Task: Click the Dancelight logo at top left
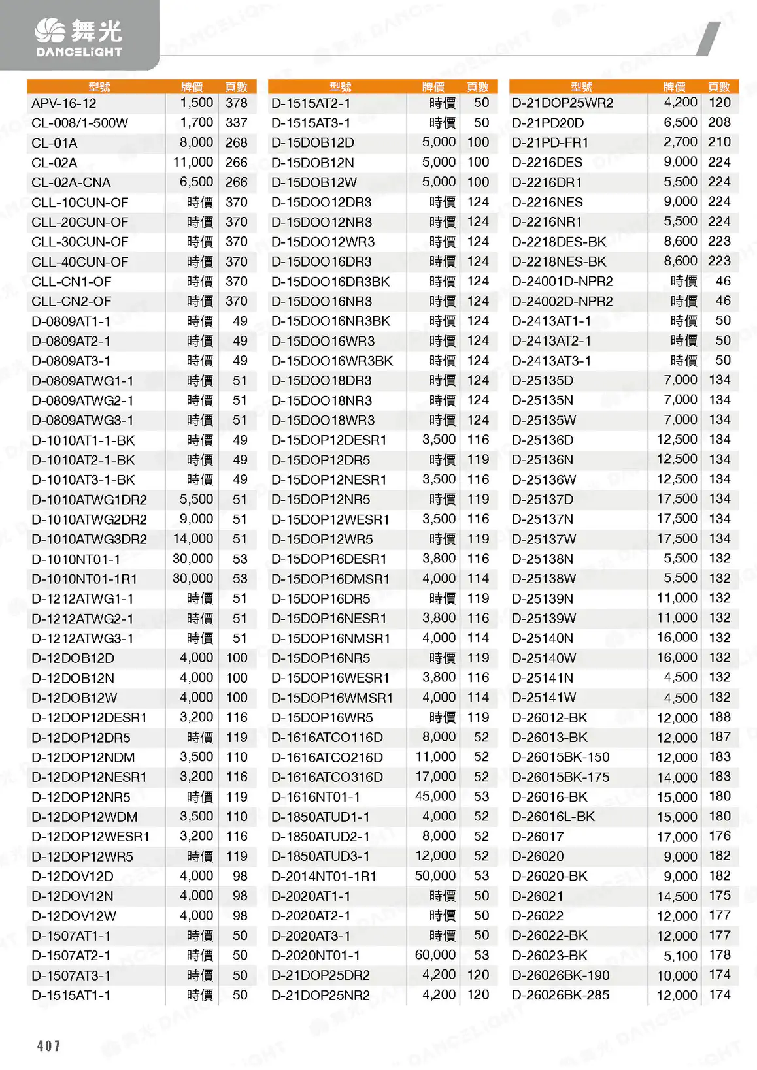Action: coord(78,37)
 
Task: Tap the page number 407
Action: coord(48,1046)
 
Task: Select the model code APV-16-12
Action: coord(64,103)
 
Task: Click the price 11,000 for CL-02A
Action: coord(193,162)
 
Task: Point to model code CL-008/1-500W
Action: coord(80,123)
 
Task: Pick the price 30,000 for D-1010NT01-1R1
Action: coord(193,578)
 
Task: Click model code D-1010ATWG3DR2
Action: coord(89,539)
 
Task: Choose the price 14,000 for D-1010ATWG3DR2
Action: coord(193,538)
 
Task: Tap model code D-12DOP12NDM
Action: coord(83,757)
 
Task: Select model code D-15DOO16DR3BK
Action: coord(330,282)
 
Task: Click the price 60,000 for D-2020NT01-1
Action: coord(435,955)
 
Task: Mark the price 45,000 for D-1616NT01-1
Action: coord(435,796)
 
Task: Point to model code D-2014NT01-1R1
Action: coord(324,876)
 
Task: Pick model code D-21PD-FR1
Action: coord(550,142)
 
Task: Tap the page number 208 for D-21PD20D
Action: coord(719,122)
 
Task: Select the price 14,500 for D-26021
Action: coord(677,896)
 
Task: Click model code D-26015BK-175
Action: coord(560,777)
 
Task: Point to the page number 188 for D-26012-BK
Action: coord(719,717)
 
